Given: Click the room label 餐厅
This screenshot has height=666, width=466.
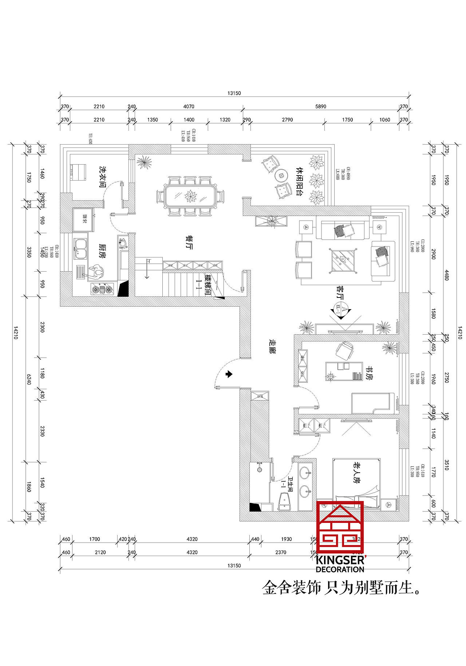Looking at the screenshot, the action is click(x=189, y=242).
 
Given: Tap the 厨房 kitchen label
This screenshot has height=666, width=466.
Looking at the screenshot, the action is click(x=102, y=251).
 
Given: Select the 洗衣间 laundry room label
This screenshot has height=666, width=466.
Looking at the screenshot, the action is click(x=103, y=177).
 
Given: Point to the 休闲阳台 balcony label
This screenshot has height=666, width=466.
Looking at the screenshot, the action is click(x=299, y=182).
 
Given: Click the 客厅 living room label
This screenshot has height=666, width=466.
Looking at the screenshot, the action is click(x=340, y=292).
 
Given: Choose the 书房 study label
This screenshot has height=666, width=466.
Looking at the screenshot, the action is click(x=369, y=373).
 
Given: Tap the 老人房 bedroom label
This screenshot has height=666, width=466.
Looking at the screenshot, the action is click(x=357, y=473).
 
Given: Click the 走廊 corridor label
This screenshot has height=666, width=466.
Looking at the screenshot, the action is click(x=272, y=347).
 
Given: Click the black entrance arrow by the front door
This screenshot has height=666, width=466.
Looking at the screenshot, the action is click(x=229, y=374).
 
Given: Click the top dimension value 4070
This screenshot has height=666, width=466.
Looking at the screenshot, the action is click(x=189, y=106).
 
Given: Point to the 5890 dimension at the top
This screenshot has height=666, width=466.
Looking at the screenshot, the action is click(x=320, y=106).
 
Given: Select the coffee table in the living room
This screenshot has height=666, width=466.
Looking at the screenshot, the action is click(x=343, y=260).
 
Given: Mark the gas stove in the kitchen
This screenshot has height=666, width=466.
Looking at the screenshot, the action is click(x=102, y=289).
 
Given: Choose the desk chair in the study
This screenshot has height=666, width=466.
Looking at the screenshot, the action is click(x=344, y=351).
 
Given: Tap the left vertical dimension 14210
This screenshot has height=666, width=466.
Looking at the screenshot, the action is click(x=15, y=332).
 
